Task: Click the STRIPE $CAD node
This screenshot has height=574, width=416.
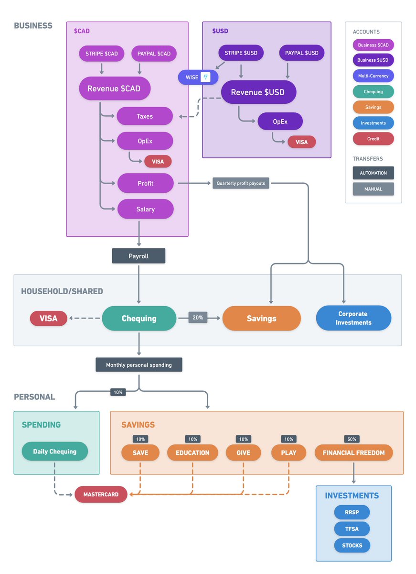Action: (x=102, y=54)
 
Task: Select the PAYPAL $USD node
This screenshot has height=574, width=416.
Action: (x=302, y=53)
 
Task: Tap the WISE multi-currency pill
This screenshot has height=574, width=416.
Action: (x=198, y=77)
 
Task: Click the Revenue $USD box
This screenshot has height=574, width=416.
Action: (x=259, y=92)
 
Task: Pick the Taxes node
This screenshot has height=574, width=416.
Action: (x=145, y=116)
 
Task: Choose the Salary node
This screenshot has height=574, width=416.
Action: (x=146, y=209)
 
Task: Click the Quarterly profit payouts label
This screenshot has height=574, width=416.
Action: (x=241, y=183)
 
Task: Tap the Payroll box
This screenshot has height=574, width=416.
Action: (x=139, y=256)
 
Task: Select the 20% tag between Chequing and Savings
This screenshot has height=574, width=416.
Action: (x=198, y=318)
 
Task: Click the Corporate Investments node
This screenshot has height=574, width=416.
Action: (x=353, y=318)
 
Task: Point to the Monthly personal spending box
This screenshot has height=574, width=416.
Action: (x=139, y=364)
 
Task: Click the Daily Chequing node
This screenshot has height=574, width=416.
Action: (x=55, y=451)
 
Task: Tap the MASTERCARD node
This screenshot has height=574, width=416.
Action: (x=101, y=494)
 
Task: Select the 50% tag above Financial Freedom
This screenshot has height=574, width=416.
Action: (x=352, y=439)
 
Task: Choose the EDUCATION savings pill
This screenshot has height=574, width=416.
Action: (x=192, y=453)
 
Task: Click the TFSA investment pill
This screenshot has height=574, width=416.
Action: (x=352, y=529)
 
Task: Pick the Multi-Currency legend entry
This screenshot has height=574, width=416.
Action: (x=373, y=76)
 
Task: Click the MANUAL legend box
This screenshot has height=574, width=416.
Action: (x=373, y=189)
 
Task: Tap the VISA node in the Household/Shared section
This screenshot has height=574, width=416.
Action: (x=49, y=318)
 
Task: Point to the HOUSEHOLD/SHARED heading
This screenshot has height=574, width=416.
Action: (x=62, y=291)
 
